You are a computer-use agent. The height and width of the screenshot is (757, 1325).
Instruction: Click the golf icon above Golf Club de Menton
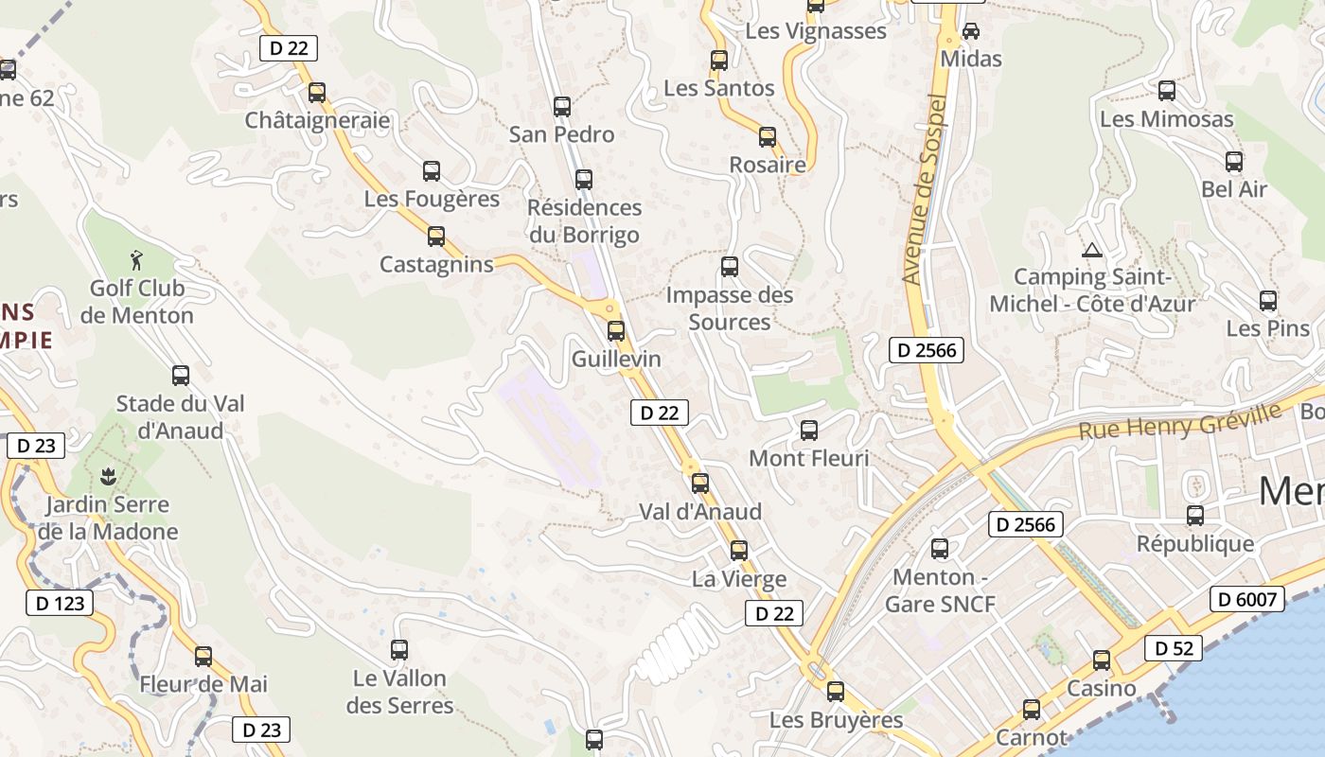click(x=137, y=258)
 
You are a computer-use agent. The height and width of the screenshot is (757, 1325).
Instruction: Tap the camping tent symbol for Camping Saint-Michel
click(x=1092, y=251)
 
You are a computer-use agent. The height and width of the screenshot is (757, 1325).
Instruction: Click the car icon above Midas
click(x=971, y=30)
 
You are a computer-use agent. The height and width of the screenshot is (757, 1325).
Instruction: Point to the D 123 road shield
click(x=59, y=603)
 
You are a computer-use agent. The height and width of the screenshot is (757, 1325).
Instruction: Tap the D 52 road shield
click(x=1174, y=648)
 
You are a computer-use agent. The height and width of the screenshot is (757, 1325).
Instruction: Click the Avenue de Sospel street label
click(x=924, y=189)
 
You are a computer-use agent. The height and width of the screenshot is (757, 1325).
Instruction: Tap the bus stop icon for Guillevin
click(x=616, y=330)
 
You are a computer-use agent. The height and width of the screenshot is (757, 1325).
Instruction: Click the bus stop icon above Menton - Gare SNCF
click(x=940, y=548)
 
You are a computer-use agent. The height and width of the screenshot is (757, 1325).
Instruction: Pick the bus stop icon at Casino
click(x=1102, y=660)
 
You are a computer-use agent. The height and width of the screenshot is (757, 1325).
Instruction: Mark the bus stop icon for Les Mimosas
click(x=1167, y=91)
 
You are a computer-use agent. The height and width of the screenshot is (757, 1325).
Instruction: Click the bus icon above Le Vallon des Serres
click(x=399, y=649)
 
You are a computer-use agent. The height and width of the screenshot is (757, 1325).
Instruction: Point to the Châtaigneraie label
click(x=317, y=120)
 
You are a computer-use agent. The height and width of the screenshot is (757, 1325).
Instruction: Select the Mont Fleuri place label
click(x=808, y=459)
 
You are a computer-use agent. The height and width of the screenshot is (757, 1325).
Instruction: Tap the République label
click(x=1195, y=544)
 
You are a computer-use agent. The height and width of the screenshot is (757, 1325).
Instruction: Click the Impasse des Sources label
click(x=730, y=308)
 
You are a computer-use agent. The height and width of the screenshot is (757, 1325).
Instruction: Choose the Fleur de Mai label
click(x=203, y=683)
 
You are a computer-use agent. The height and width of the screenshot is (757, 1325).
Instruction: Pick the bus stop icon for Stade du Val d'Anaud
click(x=181, y=375)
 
